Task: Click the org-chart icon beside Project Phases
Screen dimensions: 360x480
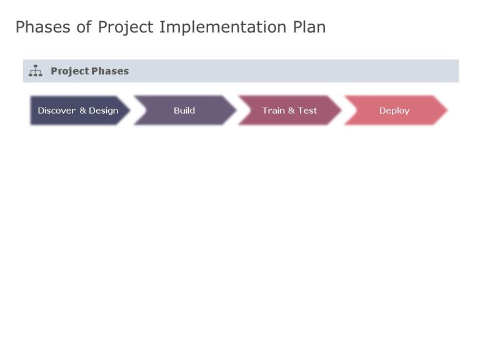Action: tap(36, 71)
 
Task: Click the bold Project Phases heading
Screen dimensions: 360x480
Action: tap(89, 71)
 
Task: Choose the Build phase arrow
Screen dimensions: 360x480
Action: tap(184, 111)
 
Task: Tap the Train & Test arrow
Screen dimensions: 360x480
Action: tap(289, 111)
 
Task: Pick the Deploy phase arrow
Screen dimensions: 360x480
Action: tap(394, 111)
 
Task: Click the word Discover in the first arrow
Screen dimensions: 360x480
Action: tap(56, 111)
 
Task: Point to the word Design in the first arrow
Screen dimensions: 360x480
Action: tap(104, 111)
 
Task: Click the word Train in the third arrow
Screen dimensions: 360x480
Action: tap(273, 111)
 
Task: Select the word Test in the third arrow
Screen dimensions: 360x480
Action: tap(307, 111)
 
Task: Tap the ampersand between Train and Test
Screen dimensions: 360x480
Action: tap(291, 111)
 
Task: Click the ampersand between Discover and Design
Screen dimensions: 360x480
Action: tap(82, 111)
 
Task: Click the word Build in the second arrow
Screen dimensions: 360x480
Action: tap(184, 111)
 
